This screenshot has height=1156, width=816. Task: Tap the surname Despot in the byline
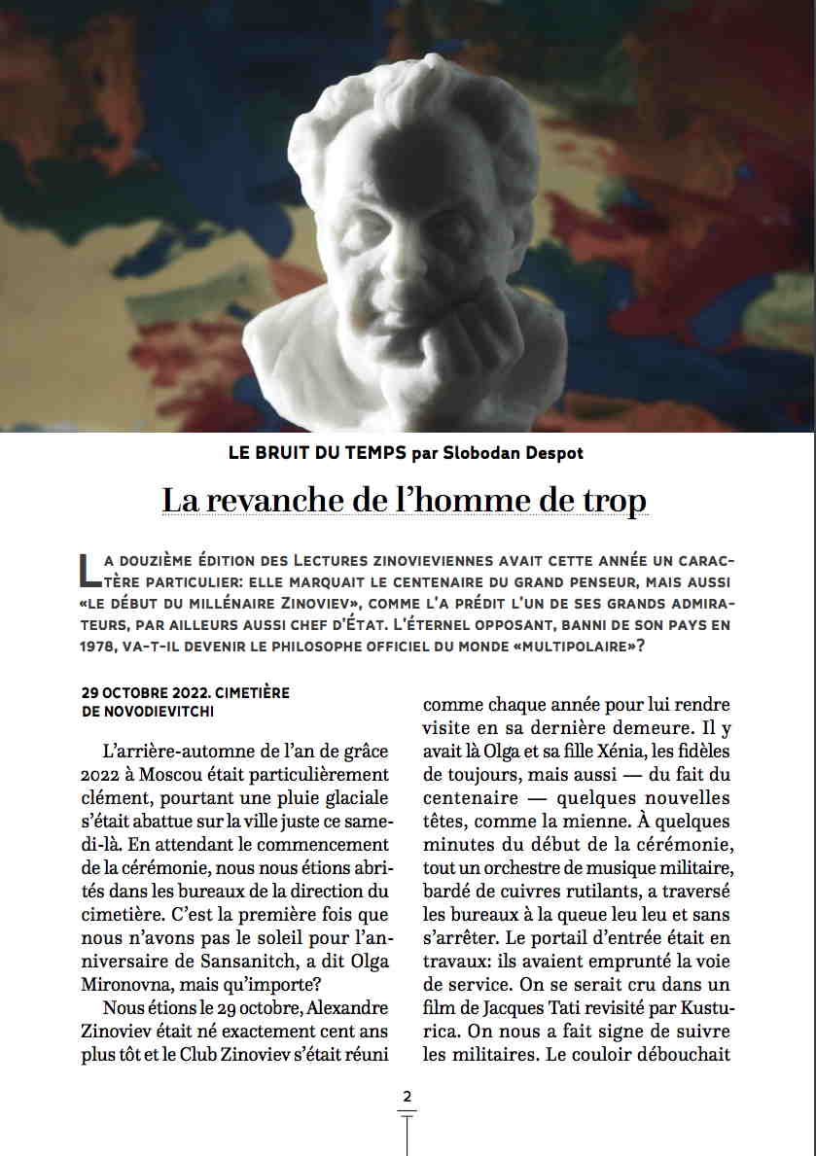tap(557, 453)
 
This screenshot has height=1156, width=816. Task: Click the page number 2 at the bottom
tap(407, 1097)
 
